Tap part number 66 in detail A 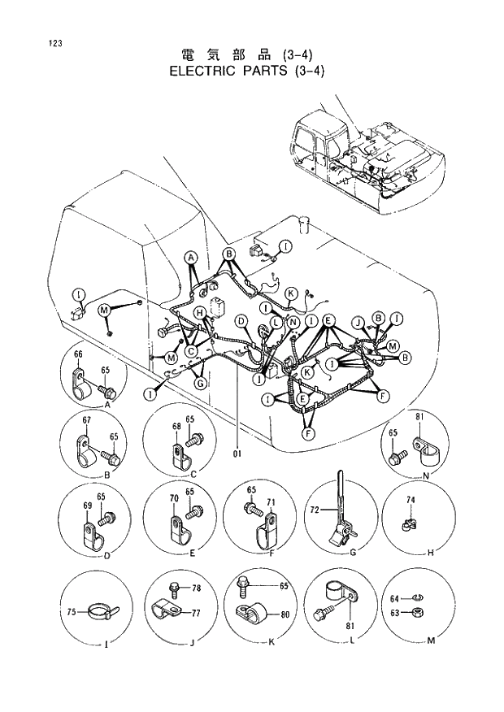[78, 355]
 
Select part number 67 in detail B [86, 419]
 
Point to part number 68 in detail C [176, 426]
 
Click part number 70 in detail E [172, 497]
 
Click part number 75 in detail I [72, 612]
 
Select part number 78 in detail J [196, 586]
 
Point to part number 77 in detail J [196, 614]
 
